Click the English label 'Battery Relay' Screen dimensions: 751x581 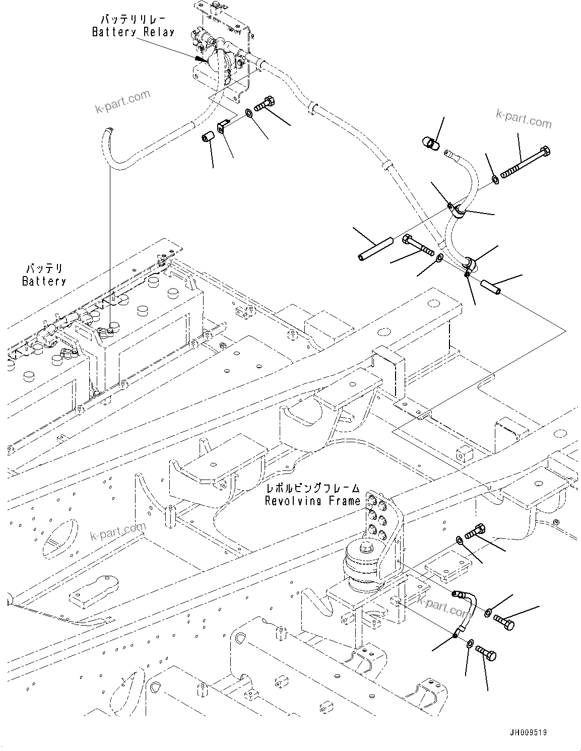click(133, 32)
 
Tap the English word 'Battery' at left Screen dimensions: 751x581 click(44, 281)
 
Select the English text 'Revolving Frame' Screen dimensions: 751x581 click(313, 501)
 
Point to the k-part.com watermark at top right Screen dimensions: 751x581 click(524, 119)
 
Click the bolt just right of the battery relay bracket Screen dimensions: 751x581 click(263, 104)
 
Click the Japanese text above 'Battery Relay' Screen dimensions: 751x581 click(133, 20)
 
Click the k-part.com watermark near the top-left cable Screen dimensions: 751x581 click(124, 101)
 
